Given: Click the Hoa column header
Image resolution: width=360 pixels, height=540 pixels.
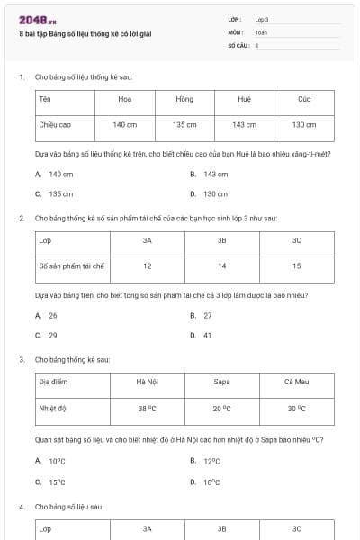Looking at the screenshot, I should tap(124, 99).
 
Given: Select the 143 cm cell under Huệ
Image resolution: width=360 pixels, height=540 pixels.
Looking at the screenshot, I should tap(244, 125).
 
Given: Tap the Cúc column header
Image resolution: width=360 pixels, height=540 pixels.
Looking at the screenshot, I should tap(304, 99).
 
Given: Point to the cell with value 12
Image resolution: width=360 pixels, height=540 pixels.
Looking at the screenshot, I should tap(147, 266).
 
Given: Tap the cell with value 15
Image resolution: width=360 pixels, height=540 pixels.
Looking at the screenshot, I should tap(296, 266).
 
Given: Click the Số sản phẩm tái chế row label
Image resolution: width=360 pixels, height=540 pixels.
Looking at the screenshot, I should tap(72, 266).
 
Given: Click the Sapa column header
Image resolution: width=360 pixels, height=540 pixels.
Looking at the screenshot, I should tap(221, 382).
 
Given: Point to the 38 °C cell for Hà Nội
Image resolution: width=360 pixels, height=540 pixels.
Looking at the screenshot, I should tap(147, 408).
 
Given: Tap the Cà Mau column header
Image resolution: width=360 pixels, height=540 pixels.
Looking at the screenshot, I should tap(296, 382).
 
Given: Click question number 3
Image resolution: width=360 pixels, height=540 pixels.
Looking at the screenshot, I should tap(21, 359).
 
